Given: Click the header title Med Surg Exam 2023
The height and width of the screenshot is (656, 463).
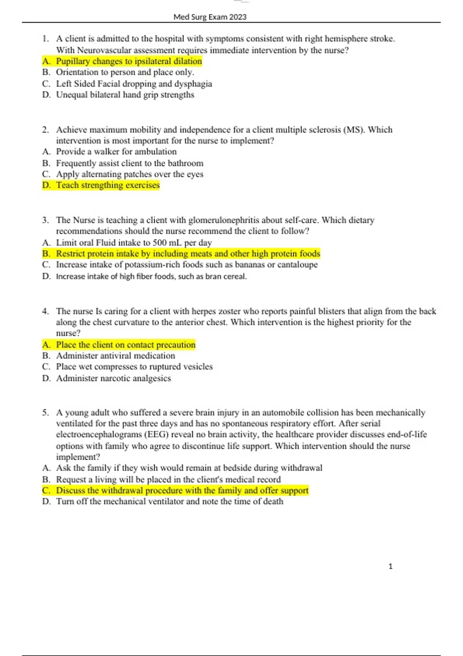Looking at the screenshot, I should (x=210, y=17).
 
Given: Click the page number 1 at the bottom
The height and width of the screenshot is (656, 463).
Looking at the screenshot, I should (x=390, y=566).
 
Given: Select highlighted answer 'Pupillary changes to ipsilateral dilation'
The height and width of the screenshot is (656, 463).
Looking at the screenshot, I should (x=129, y=61).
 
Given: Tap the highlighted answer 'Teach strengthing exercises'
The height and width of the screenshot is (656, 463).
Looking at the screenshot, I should (x=108, y=185).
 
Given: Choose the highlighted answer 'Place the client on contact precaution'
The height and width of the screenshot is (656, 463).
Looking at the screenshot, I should (x=126, y=345).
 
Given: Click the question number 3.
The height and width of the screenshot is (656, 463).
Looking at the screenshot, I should (x=46, y=220).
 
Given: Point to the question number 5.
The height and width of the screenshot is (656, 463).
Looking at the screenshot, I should (x=46, y=413).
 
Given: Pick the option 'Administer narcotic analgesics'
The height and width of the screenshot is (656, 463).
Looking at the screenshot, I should (x=113, y=378).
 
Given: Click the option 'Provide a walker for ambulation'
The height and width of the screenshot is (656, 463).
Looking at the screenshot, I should (x=116, y=152).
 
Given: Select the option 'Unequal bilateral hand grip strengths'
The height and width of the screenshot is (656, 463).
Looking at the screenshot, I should (x=125, y=95).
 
